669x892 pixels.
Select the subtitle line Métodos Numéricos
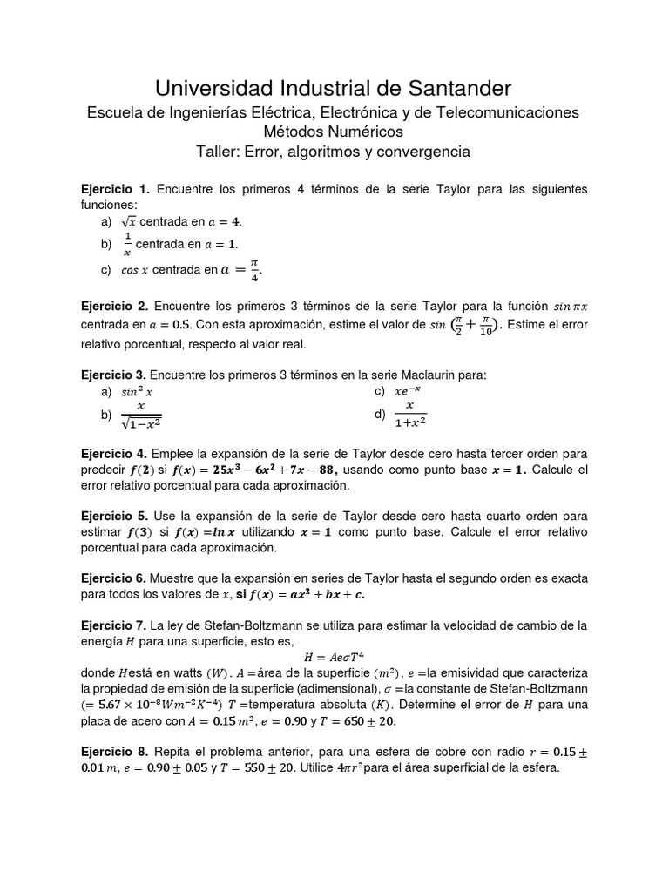click(x=334, y=132)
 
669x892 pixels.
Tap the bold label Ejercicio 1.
click(x=115, y=189)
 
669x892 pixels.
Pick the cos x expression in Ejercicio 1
click(x=135, y=271)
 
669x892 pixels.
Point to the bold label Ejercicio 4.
click(x=115, y=454)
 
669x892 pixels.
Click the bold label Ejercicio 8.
click(x=115, y=751)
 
